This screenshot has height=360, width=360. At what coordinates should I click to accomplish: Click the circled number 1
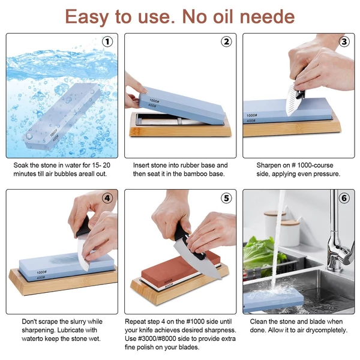pos(107,42)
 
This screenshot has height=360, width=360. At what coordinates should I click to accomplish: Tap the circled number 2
pos(226,41)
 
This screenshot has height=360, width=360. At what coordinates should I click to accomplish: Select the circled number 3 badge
pos(344,41)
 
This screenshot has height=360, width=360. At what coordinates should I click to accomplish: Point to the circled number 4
pos(107,198)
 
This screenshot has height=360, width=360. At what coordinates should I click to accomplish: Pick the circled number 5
pos(226,198)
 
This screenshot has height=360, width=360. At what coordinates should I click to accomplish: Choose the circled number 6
pos(344,198)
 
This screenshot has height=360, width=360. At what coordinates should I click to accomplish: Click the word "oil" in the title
pos(224,17)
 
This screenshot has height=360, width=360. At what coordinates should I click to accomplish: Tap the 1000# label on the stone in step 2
pos(154,101)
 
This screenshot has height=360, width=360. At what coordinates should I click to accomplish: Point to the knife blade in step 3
pos(293,100)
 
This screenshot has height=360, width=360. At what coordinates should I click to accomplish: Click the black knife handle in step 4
pos(83,227)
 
